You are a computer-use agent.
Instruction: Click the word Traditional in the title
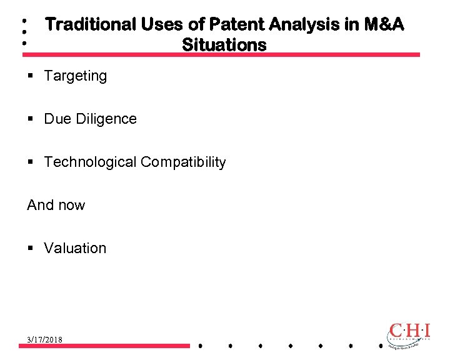pyautogui.click(x=91, y=24)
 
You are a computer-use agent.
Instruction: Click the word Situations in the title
pyautogui.click(x=224, y=45)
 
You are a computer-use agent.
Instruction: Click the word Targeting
pyautogui.click(x=75, y=76)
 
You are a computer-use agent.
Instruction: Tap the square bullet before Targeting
pyautogui.click(x=31, y=76)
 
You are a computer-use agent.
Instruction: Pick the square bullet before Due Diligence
pyautogui.click(x=31, y=119)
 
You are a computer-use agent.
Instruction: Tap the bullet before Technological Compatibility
pyautogui.click(x=31, y=162)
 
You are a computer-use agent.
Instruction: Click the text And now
pyautogui.click(x=56, y=206)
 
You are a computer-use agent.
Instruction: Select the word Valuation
pyautogui.click(x=75, y=249)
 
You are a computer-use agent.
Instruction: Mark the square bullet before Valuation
pyautogui.click(x=31, y=249)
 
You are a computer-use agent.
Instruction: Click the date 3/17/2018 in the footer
pyautogui.click(x=44, y=339)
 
